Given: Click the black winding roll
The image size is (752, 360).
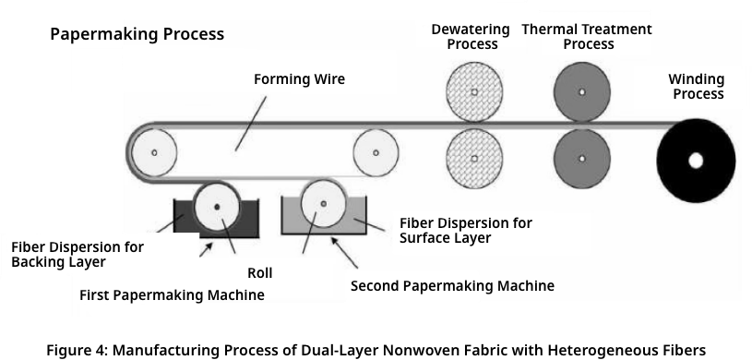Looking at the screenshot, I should pos(696,161).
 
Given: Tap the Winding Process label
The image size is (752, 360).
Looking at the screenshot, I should pos(697,87).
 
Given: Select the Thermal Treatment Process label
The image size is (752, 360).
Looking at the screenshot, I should pos(588,37).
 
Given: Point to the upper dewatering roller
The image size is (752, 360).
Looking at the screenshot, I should pos(474,92).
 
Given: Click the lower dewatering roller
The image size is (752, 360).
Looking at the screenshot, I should pos(474,158).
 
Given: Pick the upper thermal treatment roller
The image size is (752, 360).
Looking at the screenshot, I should pos(581,92).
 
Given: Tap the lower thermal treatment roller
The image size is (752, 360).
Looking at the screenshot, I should pos(581,158).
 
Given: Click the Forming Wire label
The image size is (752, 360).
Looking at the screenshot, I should pos(299,79).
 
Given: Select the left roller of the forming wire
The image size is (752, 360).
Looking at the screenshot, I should pos(154,152).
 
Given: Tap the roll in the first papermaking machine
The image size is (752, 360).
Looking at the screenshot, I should pos(218,205).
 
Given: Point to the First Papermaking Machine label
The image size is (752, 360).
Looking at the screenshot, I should pos(173,295).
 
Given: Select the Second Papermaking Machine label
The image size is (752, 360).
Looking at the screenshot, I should pos(452,286).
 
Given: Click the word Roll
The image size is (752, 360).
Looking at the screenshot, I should pos(259,273).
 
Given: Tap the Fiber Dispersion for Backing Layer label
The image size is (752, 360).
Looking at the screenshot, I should pos(78,255).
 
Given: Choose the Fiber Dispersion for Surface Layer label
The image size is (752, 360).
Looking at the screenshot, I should pos(465,231).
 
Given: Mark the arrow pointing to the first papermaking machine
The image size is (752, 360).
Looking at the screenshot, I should pos(209,247).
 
